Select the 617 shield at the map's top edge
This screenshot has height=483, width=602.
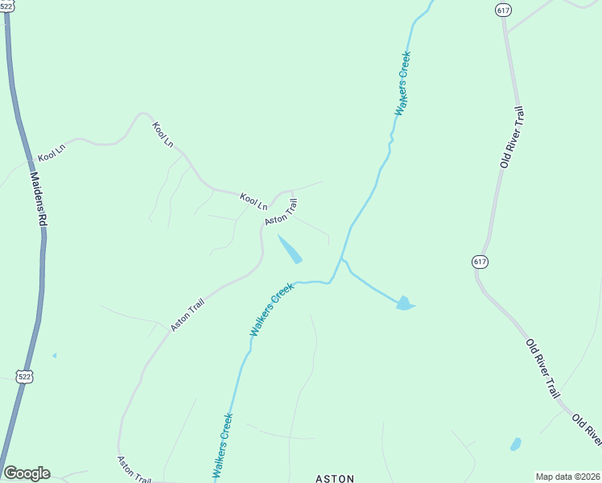click(503, 10)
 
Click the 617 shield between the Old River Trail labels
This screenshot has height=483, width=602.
click(480, 262)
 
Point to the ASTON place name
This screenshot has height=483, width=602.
click(334, 478)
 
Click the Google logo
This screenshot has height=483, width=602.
click(27, 473)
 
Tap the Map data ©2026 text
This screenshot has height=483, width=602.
click(567, 477)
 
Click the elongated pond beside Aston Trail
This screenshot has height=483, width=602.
click(291, 249)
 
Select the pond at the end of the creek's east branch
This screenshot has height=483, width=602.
click(405, 303)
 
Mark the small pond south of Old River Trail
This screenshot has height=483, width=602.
click(515, 444)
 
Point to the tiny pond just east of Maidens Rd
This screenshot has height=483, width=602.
click(54, 355)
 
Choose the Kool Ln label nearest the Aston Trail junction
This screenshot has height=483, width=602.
click(253, 201)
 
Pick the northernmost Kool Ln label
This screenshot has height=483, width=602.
click(163, 134)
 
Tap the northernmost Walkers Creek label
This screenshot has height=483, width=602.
click(402, 84)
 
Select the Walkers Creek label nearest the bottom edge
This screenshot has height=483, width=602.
click(222, 447)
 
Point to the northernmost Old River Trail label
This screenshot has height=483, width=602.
click(511, 138)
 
